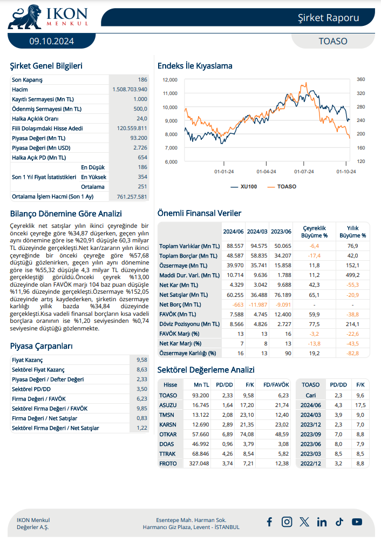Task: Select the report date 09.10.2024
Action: pos(52,41)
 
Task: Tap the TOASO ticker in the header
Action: pos(333,41)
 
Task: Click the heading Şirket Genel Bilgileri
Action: pos(46,66)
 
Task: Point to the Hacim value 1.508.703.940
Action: pos(130,89)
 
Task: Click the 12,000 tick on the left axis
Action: pos(170,79)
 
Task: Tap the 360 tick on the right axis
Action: pos(360,79)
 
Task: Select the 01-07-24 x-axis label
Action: pos(304,172)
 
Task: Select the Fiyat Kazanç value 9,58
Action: pos(142,360)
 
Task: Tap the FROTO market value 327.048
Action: pos(198,463)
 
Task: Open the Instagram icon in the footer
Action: pos(287,521)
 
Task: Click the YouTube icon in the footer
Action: pos(357,521)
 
